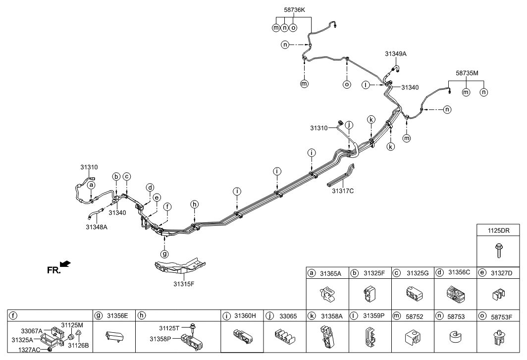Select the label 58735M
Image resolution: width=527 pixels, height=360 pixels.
(x=467, y=73)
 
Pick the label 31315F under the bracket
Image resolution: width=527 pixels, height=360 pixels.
(x=184, y=284)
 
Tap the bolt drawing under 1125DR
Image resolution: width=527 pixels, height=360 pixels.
(x=498, y=251)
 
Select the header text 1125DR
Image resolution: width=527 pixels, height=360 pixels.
(x=498, y=230)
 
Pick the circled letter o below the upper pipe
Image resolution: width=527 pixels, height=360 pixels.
(x=347, y=84)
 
